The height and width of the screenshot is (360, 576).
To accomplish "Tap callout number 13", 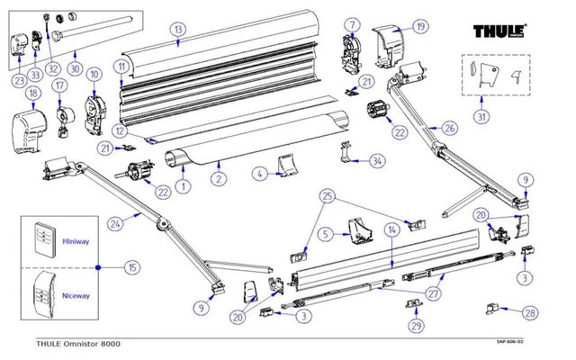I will (178, 30).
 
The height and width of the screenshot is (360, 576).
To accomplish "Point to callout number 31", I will (483, 116).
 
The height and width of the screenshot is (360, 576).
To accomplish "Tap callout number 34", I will (377, 161).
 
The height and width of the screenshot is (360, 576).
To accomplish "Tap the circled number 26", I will (450, 128).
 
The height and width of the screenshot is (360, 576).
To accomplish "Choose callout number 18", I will (33, 93).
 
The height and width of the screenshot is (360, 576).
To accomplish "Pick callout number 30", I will (75, 67).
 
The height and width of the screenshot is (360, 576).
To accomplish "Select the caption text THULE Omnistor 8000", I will (77, 344).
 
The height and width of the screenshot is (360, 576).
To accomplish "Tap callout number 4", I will (259, 174).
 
